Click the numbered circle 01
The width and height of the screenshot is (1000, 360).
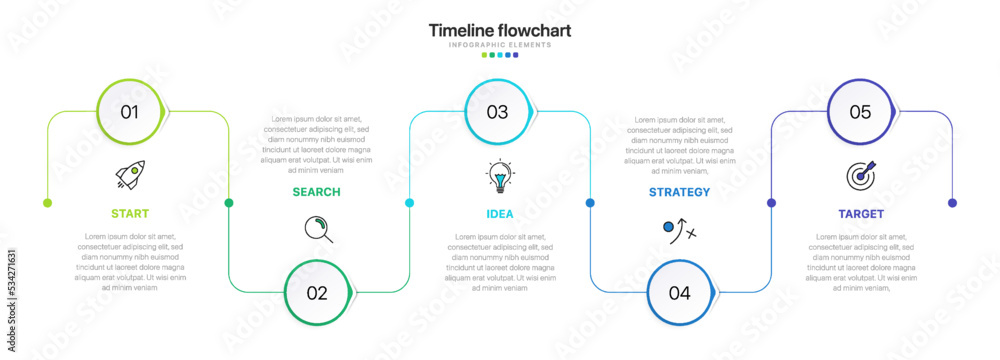coord(131,112)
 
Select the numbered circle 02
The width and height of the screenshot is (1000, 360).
coord(318,293)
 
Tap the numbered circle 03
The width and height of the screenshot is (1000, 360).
coord(498,112)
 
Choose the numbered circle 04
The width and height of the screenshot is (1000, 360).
coord(680,293)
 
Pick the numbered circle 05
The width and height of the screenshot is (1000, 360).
coord(861,112)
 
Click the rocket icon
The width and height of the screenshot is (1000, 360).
coord(130,175)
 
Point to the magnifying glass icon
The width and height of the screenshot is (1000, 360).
coord(318,229)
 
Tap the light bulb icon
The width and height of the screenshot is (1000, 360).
coord(498,176)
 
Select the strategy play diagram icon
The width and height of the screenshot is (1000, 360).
coord(679,230)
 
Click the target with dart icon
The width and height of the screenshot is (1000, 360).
coord(861,175)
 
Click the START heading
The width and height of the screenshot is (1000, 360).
coord(130,213)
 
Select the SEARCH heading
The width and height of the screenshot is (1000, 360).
coord(316,192)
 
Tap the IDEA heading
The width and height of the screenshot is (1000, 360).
coord(500,213)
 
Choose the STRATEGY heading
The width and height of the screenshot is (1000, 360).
coord(679,192)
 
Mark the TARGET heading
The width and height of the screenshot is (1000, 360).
coord(860,213)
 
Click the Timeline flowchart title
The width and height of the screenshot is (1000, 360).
coord(500,30)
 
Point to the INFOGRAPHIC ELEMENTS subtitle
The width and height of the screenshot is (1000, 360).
coord(500,45)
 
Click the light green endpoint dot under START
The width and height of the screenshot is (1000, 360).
coord(47,203)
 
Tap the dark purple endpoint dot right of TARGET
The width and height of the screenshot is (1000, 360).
coord(952,203)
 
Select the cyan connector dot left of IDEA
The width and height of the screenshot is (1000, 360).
coord(409,203)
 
